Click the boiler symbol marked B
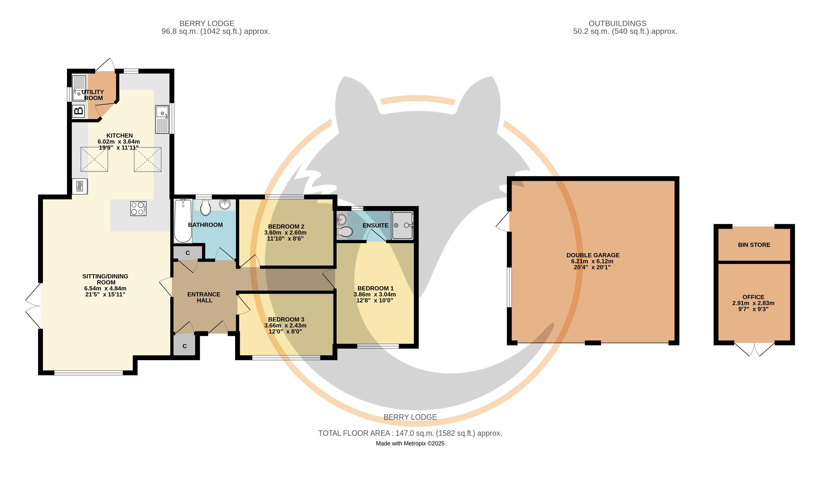pos(78,111)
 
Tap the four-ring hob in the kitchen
pos(138,208)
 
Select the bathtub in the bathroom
pos(183,221)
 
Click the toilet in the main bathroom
pos(205,207)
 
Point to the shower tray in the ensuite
pos(402,225)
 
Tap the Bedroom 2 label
pos(286,227)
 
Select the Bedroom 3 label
pos(286,319)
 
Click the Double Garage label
pos(593,255)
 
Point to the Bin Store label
pos(754,245)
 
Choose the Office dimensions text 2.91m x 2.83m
pos(753,303)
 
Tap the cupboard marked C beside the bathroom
pos(188,253)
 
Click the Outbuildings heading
pos(618,23)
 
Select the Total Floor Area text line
pos(410,433)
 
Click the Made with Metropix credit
pos(410,443)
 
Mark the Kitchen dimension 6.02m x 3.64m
pos(119,142)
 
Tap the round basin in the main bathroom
pos(225,204)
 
